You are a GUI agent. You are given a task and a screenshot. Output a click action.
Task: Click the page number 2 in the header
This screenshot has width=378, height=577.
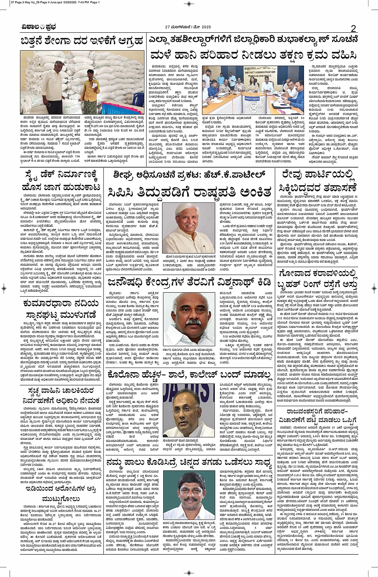354,28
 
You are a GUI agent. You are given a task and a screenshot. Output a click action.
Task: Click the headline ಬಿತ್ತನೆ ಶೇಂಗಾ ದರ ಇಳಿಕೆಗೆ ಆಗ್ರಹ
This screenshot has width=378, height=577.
82,42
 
